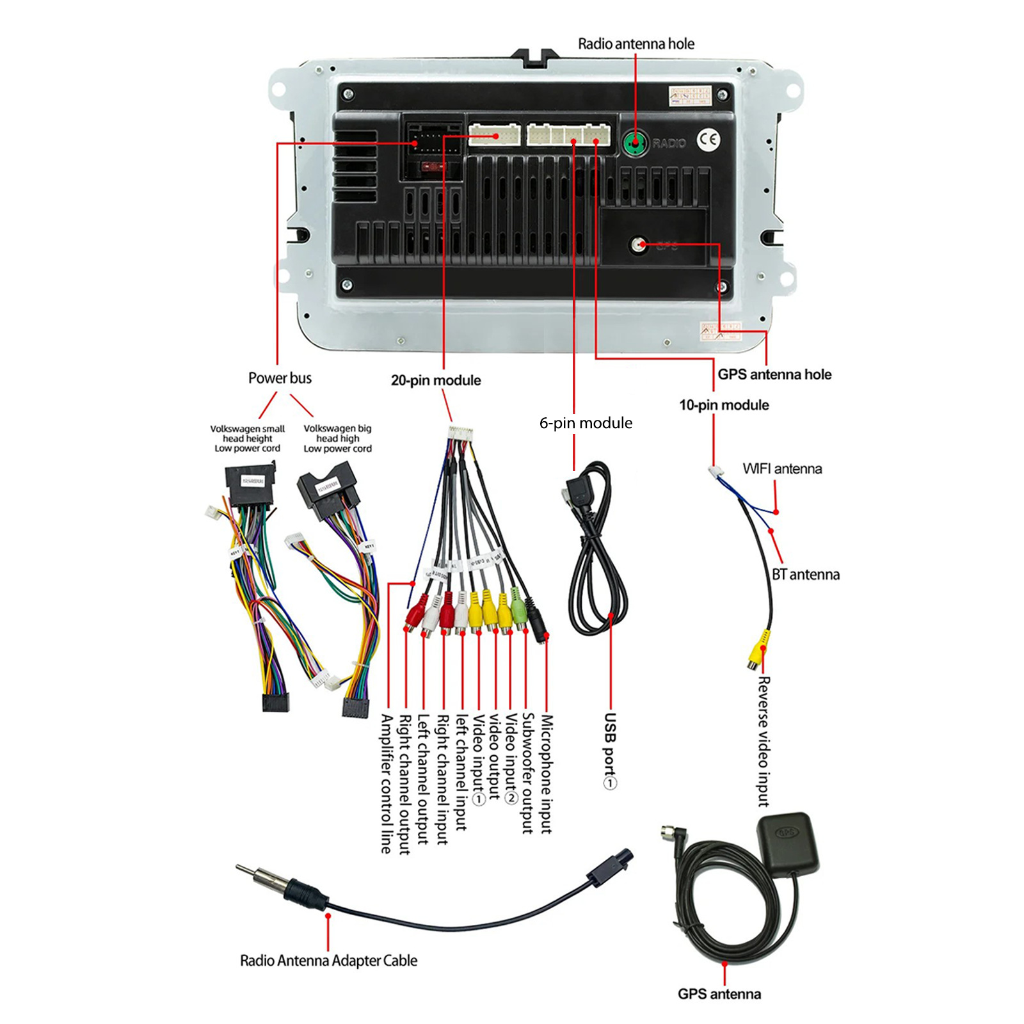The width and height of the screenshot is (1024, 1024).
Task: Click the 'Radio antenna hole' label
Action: pyautogui.click(x=636, y=44)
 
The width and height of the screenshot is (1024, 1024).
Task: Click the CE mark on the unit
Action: pyautogui.click(x=708, y=140)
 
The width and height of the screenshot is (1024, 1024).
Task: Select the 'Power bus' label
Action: pyautogui.click(x=280, y=378)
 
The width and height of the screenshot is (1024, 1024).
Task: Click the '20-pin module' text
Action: pyautogui.click(x=436, y=380)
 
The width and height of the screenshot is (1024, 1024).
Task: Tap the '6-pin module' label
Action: pyautogui.click(x=586, y=423)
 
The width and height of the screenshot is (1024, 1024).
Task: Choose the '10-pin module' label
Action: pyautogui.click(x=724, y=405)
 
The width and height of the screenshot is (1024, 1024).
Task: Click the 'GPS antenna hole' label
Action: pyautogui.click(x=774, y=374)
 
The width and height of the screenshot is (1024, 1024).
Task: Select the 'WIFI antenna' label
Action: pyautogui.click(x=782, y=468)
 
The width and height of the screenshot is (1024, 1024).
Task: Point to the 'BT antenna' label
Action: pyautogui.click(x=805, y=575)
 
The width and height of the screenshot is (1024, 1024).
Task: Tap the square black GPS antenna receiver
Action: pyautogui.click(x=787, y=842)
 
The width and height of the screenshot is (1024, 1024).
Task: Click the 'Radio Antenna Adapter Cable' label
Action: pyautogui.click(x=328, y=961)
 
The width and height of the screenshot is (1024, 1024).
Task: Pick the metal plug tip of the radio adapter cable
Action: pyautogui.click(x=247, y=872)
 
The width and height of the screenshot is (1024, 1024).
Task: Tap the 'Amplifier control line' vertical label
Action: pyautogui.click(x=386, y=783)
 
